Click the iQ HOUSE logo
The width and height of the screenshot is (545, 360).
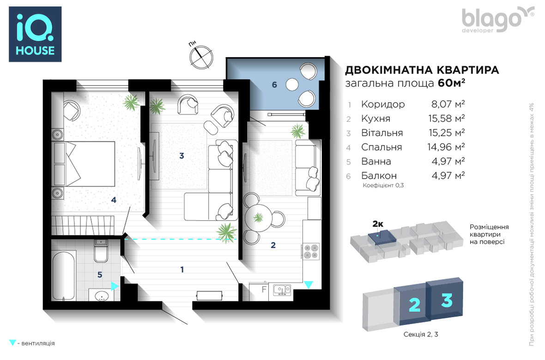tap(35, 34)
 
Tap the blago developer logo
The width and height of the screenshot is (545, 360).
tap(497, 20)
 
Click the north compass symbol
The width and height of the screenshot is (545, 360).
tap(201, 57)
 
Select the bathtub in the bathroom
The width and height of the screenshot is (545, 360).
tap(64, 276)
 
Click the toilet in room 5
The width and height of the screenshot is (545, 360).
tap(101, 251)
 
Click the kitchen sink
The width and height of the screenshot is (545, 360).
tap(282, 290)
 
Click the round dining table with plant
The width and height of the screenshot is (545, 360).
tap(258, 218)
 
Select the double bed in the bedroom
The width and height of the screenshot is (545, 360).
tap(84, 164)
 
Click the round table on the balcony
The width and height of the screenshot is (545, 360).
tap(292, 84)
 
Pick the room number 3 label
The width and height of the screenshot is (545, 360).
tap(182, 156)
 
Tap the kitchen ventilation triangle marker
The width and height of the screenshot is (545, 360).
tap(309, 285)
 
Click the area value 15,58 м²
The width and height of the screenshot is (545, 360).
tap(446, 119)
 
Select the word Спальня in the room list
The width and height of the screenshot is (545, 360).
tap(381, 147)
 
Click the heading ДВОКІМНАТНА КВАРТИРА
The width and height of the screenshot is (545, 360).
tap(422, 70)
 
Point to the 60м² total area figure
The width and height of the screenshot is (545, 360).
tap(452, 84)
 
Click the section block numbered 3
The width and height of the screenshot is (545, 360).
tap(445, 298)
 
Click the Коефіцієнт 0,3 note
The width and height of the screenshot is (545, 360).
tap(383, 186)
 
